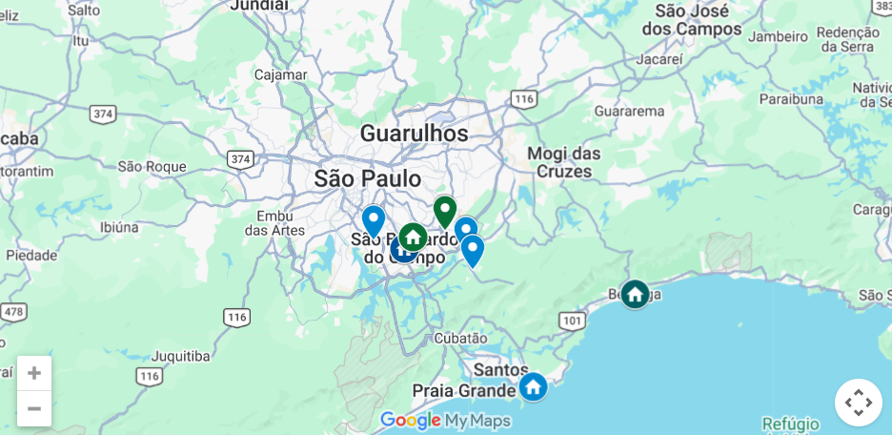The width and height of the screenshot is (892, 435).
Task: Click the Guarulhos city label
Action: pyautogui.click(x=414, y=134)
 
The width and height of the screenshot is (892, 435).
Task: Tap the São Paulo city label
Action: pyautogui.click(x=367, y=178)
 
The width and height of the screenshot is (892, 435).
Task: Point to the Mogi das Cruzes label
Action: pyautogui.click(x=564, y=162)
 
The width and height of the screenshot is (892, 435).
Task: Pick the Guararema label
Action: pyautogui.click(x=629, y=111)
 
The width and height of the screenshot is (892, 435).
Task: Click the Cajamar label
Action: pyautogui.click(x=280, y=74)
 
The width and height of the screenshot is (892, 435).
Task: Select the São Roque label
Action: pyautogui.click(x=152, y=166)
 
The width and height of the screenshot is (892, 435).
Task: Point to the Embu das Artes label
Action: pyautogui.click(x=274, y=222)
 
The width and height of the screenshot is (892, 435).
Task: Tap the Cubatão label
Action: pyautogui.click(x=460, y=338)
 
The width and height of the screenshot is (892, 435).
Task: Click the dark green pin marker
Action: pyautogui.click(x=444, y=211)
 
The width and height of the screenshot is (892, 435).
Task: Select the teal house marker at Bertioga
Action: pyautogui.click(x=635, y=294)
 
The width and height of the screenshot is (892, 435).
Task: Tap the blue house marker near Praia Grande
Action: pyautogui.click(x=533, y=386)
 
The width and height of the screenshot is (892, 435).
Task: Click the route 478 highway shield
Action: pyautogui.click(x=13, y=312)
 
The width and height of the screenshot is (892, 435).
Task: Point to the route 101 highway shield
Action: pyautogui.click(x=572, y=321)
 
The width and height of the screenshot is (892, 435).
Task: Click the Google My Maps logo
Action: pyautogui.click(x=445, y=421)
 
